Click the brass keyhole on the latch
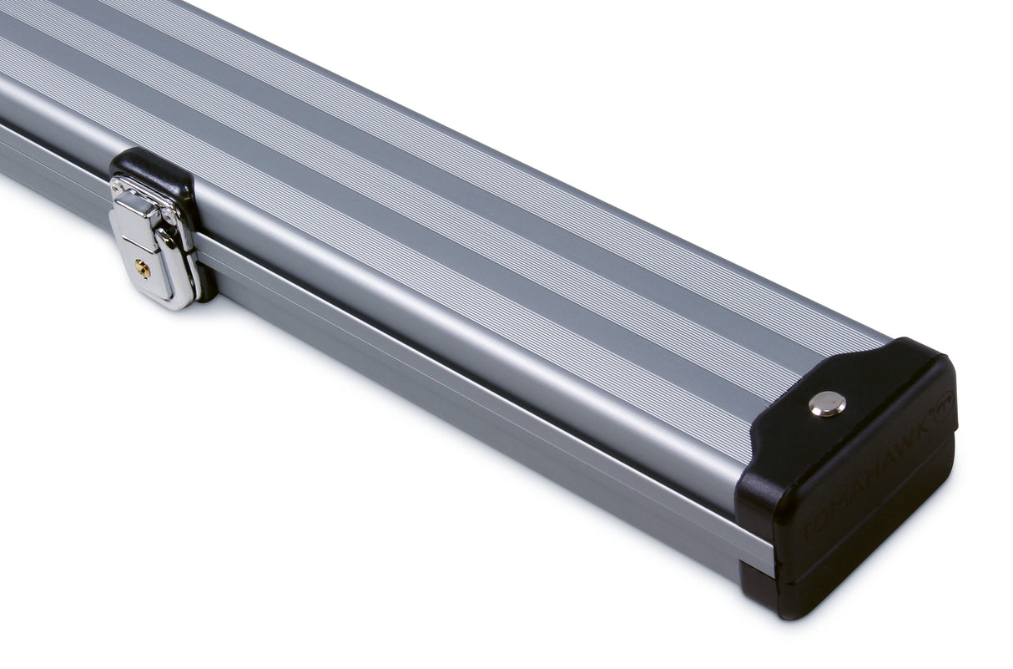pyautogui.click(x=143, y=268)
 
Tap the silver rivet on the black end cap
pyautogui.click(x=827, y=403)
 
